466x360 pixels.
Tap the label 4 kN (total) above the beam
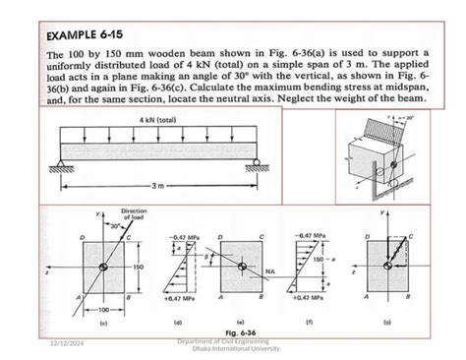click(x=157, y=119)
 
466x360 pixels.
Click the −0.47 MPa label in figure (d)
click(x=185, y=238)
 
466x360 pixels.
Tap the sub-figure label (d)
click(x=177, y=322)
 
